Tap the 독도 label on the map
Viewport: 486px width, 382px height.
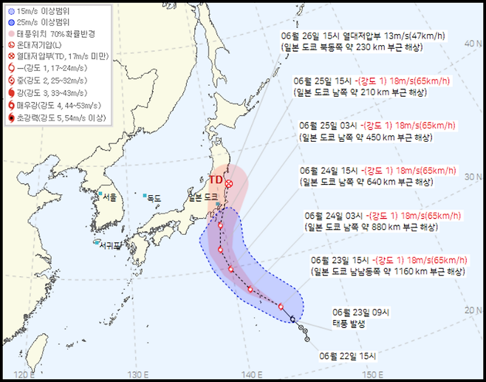coord(153,197)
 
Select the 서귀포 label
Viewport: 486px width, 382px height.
coord(111,245)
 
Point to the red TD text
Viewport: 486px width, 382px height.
coord(215,180)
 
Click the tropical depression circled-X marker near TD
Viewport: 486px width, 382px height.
coord(229,183)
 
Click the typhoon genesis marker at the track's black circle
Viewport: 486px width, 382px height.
coord(293,319)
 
